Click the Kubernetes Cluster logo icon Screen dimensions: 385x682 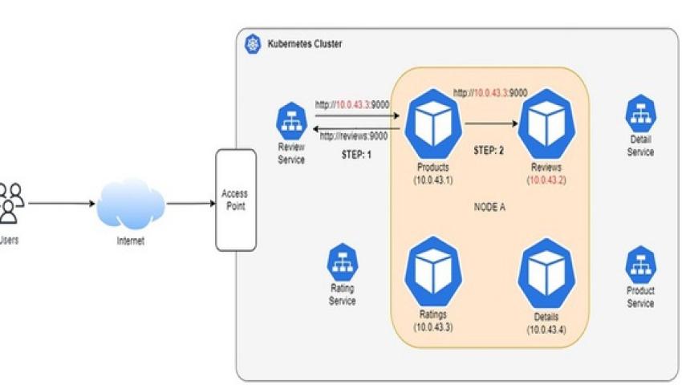click(252, 44)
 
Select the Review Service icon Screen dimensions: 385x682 click(290, 122)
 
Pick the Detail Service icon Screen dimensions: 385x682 click(640, 115)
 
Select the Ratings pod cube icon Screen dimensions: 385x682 click(432, 273)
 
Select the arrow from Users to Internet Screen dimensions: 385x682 click(61, 203)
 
